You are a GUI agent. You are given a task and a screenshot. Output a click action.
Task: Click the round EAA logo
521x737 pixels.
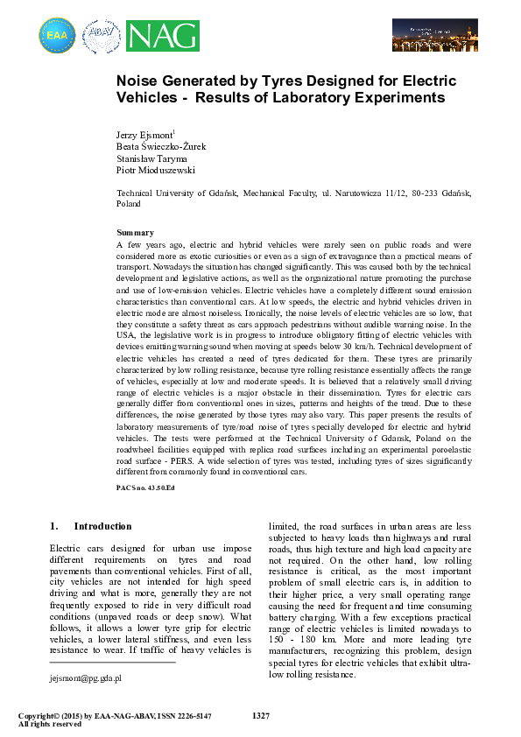point(57,36)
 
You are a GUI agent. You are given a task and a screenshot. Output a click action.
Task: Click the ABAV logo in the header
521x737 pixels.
point(101,36)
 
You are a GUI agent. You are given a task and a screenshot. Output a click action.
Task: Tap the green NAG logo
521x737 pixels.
point(162,36)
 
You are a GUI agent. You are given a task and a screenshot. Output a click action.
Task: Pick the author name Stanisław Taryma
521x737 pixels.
point(151,159)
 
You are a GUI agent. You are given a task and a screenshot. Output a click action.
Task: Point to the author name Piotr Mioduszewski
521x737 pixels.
point(156,172)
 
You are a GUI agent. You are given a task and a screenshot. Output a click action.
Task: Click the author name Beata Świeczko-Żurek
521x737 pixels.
point(161,147)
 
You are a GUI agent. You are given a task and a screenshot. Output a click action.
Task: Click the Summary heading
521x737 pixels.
point(136,233)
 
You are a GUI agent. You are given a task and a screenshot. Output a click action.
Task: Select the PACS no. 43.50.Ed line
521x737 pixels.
point(146,486)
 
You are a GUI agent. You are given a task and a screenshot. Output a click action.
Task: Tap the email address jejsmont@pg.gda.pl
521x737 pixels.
point(85,677)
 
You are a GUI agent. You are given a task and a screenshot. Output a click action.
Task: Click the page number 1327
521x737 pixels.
point(260,716)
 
